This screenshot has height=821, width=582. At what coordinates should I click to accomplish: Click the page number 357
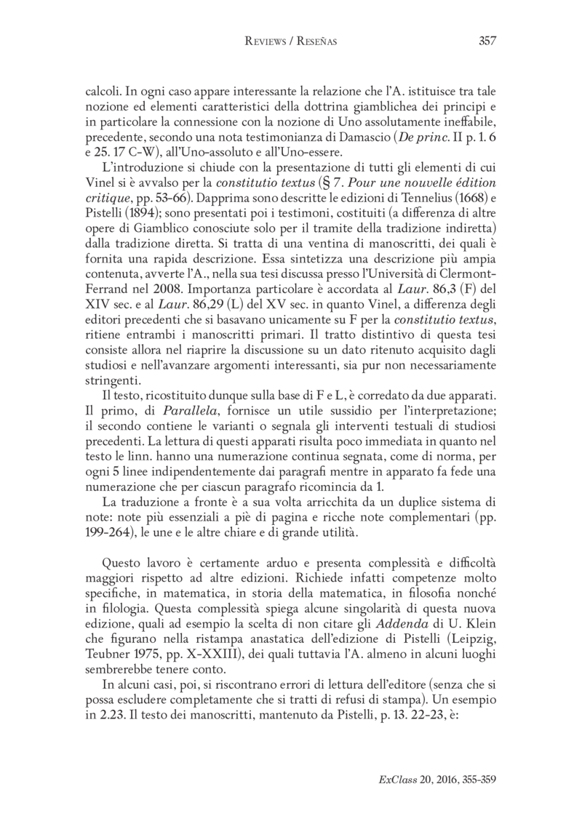point(487,41)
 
